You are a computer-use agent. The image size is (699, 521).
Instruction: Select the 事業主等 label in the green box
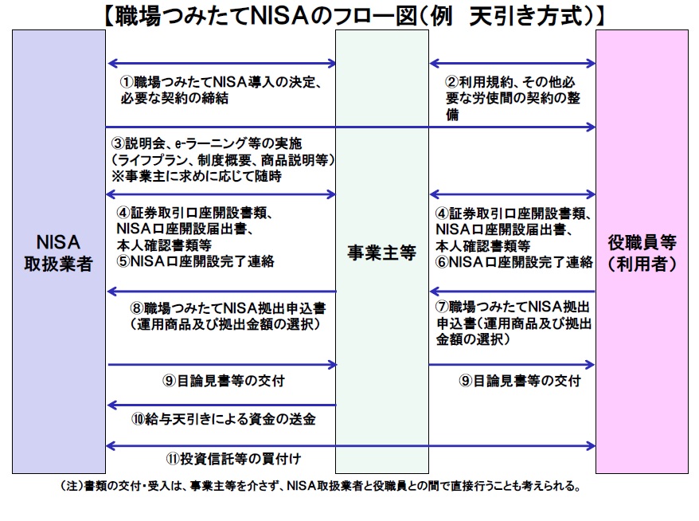click(x=381, y=253)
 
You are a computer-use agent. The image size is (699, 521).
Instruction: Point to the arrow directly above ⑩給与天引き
click(x=221, y=405)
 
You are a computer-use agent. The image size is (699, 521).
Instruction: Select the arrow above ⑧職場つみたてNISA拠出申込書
click(x=221, y=292)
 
